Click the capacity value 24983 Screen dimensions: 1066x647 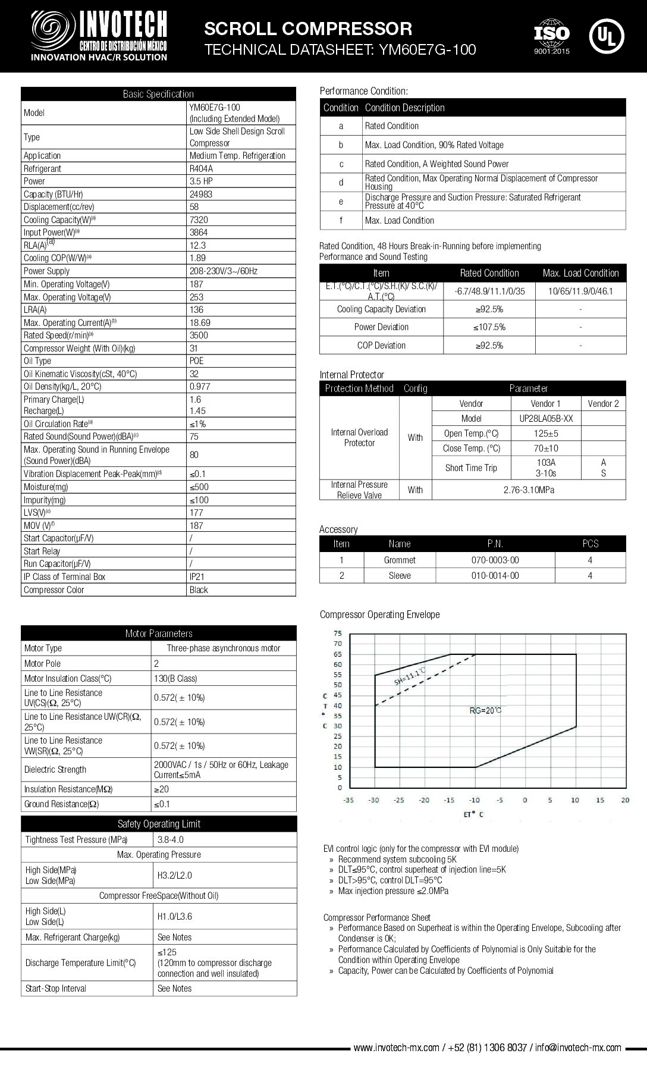click(201, 194)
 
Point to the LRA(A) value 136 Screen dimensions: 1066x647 click(196, 309)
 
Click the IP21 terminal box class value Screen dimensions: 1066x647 click(197, 576)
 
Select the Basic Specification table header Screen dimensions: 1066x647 click(158, 94)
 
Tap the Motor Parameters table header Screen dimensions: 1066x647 click(159, 634)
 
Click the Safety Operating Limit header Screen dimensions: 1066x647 click(159, 824)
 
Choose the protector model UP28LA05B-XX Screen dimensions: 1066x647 click(546, 418)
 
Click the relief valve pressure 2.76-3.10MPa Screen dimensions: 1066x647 click(529, 490)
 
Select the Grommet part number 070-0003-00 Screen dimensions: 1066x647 click(495, 560)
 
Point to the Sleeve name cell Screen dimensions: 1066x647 click(400, 575)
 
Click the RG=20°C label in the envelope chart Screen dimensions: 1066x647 click(485, 710)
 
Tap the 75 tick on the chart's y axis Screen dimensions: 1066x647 click(338, 633)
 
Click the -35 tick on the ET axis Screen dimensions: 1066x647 click(348, 800)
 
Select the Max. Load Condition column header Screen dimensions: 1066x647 click(580, 273)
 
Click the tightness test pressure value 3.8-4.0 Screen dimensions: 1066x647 click(171, 839)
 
